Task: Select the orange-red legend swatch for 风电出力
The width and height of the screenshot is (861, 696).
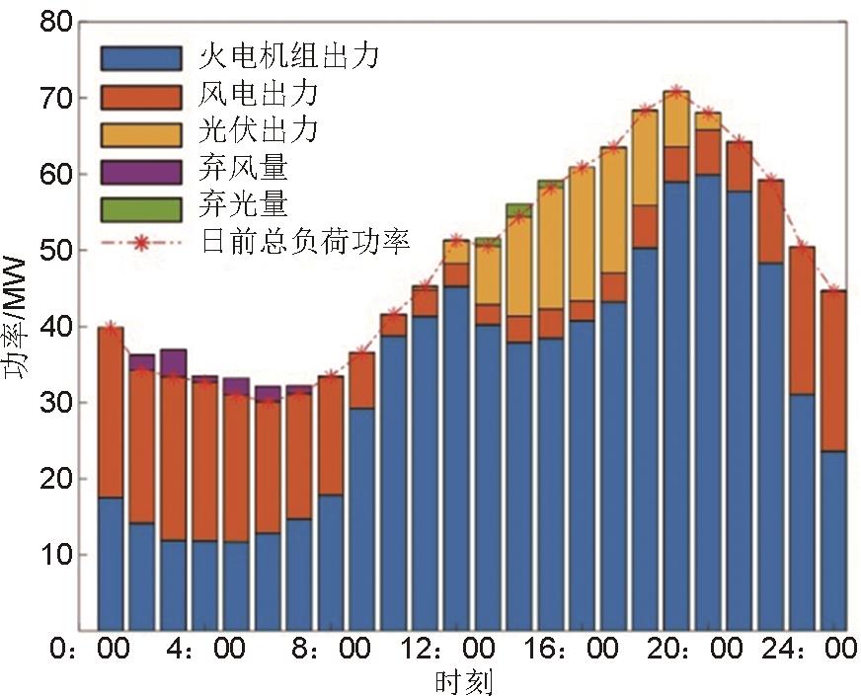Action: [x=141, y=95]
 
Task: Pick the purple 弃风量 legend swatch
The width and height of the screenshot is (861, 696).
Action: [x=141, y=170]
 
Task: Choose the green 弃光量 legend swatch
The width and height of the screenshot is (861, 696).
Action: [x=141, y=207]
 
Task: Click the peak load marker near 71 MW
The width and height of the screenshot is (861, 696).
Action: [x=676, y=92]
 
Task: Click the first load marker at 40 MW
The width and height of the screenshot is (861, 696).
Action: [x=111, y=327]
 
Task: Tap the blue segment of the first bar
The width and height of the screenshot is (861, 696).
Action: [x=111, y=563]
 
